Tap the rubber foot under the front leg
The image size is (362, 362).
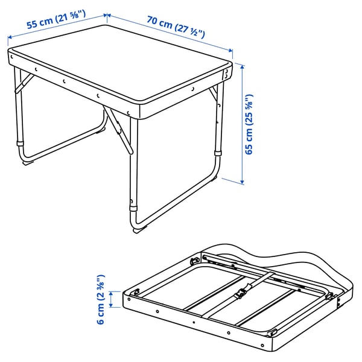pos(138,230)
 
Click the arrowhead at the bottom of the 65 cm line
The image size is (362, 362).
pos(243,180)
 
